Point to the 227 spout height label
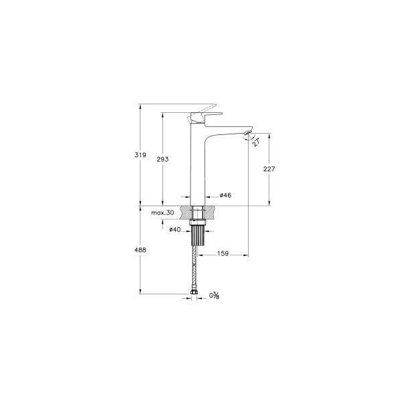pos(269,169)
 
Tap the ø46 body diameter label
pos(225,195)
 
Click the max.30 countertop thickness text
pos(162,212)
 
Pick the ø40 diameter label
pos(175,229)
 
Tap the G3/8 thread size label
pos(215,295)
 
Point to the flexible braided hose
pos(196,267)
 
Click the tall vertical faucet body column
pos(197,167)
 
